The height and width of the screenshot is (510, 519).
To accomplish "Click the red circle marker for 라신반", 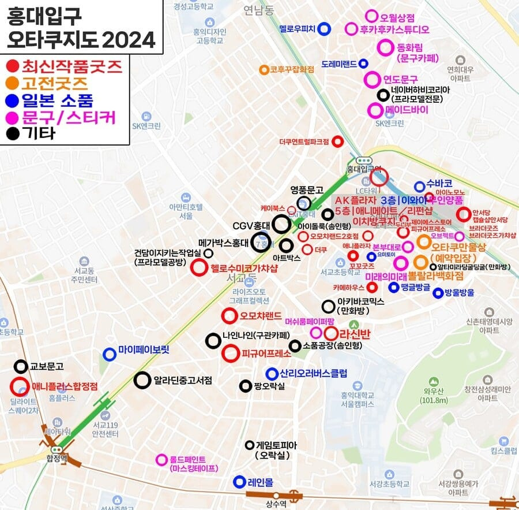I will (331, 333).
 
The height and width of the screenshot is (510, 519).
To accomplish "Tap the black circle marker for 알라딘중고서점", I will (142, 380).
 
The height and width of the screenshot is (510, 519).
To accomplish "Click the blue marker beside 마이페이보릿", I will (108, 353).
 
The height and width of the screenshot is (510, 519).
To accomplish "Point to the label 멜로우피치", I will (297, 28).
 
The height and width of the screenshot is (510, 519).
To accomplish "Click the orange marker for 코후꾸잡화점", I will (264, 70).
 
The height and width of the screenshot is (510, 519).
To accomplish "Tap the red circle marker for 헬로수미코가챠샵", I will (199, 267).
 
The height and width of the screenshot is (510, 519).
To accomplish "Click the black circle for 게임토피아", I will (249, 445).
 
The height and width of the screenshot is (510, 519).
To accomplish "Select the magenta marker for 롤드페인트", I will (161, 460).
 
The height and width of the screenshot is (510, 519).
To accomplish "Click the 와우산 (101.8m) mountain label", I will (431, 396).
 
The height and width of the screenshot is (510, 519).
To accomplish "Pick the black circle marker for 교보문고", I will (21, 366).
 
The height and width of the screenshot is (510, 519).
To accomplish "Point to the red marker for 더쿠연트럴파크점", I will (338, 141).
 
